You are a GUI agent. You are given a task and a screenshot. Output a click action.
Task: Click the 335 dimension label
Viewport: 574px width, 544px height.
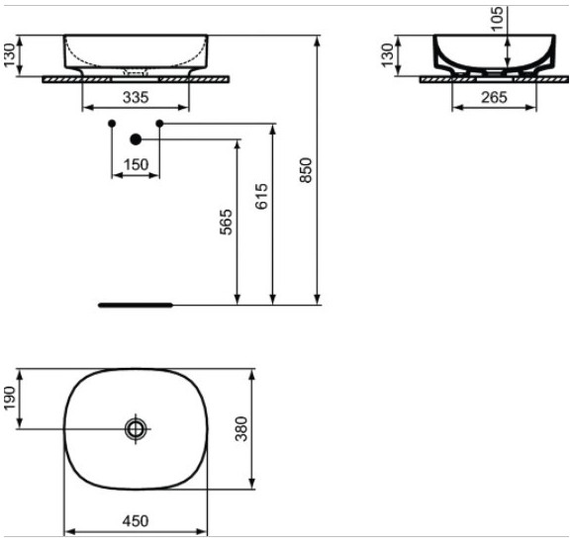135,97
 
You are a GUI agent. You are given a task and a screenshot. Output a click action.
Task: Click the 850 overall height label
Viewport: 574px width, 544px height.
306,171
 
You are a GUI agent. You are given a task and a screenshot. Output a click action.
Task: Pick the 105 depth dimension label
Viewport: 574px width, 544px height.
496,16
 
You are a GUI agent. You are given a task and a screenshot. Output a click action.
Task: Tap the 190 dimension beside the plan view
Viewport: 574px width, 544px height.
11,399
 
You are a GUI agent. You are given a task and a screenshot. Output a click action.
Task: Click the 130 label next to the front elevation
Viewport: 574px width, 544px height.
11,56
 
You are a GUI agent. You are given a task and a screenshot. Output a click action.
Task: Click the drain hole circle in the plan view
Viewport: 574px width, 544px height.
136,428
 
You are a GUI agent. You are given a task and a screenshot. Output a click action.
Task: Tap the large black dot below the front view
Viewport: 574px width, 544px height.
136,139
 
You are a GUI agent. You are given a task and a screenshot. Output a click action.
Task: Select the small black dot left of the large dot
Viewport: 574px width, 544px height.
111,123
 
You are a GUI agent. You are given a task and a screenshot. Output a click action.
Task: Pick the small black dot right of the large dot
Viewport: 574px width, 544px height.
159,123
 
